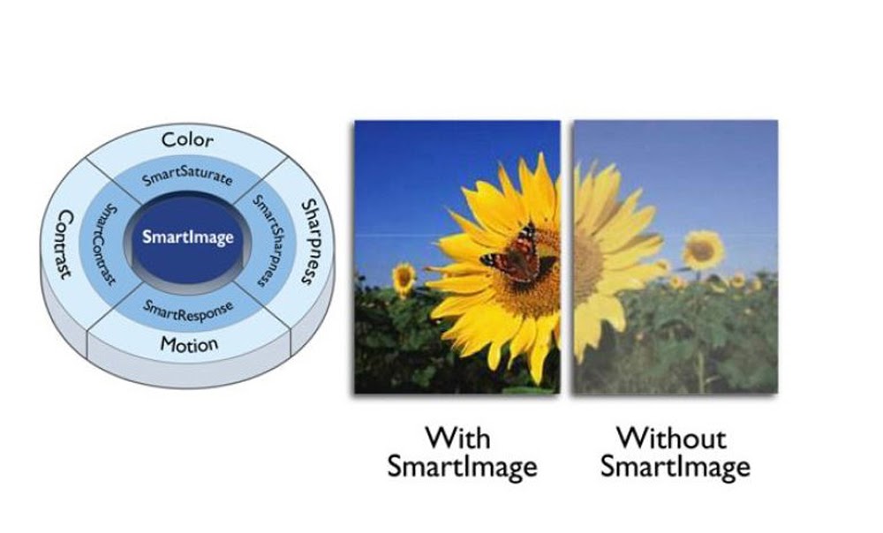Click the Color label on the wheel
[x=187, y=139]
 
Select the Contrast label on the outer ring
[x=64, y=244]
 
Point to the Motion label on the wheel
[x=189, y=344]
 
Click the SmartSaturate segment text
[x=187, y=176]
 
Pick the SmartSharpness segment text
[x=267, y=240]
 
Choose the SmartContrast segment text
[x=105, y=244]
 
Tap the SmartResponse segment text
[x=187, y=310]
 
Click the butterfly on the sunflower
[x=514, y=254]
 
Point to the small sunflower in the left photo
[x=404, y=278]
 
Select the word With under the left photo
[x=457, y=438]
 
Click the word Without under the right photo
[x=672, y=438]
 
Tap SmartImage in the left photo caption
[x=463, y=468]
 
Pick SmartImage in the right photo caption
[x=675, y=468]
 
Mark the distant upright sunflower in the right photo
[x=702, y=251]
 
